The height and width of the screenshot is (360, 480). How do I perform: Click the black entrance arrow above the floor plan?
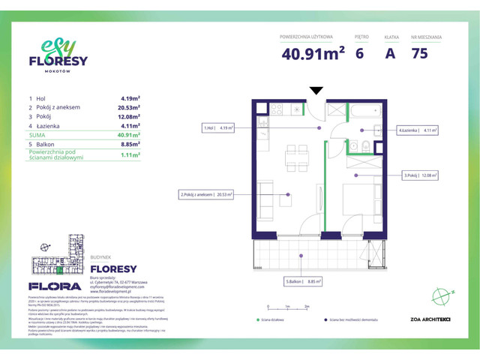(x=316, y=91)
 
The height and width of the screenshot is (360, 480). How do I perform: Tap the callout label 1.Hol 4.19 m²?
(x=218, y=128)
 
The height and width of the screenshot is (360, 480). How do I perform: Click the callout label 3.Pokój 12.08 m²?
(x=420, y=176)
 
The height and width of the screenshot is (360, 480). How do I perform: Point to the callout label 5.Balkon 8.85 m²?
(x=302, y=282)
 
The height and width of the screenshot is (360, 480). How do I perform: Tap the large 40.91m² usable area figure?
(x=313, y=53)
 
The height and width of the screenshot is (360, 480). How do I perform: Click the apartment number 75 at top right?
(x=421, y=53)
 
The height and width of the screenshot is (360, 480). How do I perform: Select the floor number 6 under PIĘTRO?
(x=360, y=53)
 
